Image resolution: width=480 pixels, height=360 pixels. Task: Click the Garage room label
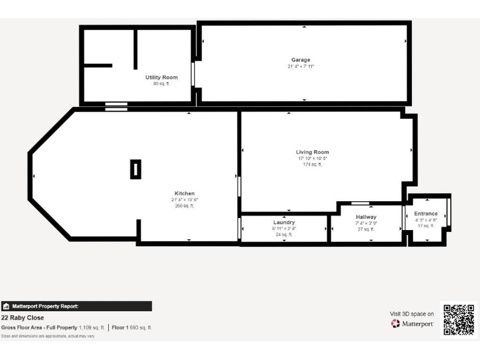301,60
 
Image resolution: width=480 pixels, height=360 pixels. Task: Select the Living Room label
312,152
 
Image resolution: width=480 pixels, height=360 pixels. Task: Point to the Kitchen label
184,193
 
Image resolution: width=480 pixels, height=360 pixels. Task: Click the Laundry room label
284,222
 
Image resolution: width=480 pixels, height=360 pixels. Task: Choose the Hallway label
366,217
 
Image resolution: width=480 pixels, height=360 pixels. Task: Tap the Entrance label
426,214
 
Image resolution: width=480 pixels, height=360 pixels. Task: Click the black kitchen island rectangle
136,169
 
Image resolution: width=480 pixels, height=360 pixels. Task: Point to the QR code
459,319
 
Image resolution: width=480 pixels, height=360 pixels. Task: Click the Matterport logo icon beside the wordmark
395,324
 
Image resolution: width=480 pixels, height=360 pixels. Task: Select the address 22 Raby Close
22,317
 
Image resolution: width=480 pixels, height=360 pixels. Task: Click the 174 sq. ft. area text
312,164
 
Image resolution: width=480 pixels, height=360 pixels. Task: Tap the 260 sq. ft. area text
184,206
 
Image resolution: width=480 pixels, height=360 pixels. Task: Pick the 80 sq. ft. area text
161,84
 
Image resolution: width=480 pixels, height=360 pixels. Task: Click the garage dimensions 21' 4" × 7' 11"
301,66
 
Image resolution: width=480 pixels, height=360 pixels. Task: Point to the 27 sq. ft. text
366,229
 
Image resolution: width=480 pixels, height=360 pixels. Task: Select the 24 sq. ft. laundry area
284,234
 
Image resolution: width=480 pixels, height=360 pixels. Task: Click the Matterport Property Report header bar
76,306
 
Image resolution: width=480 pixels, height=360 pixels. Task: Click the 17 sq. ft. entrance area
426,226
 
